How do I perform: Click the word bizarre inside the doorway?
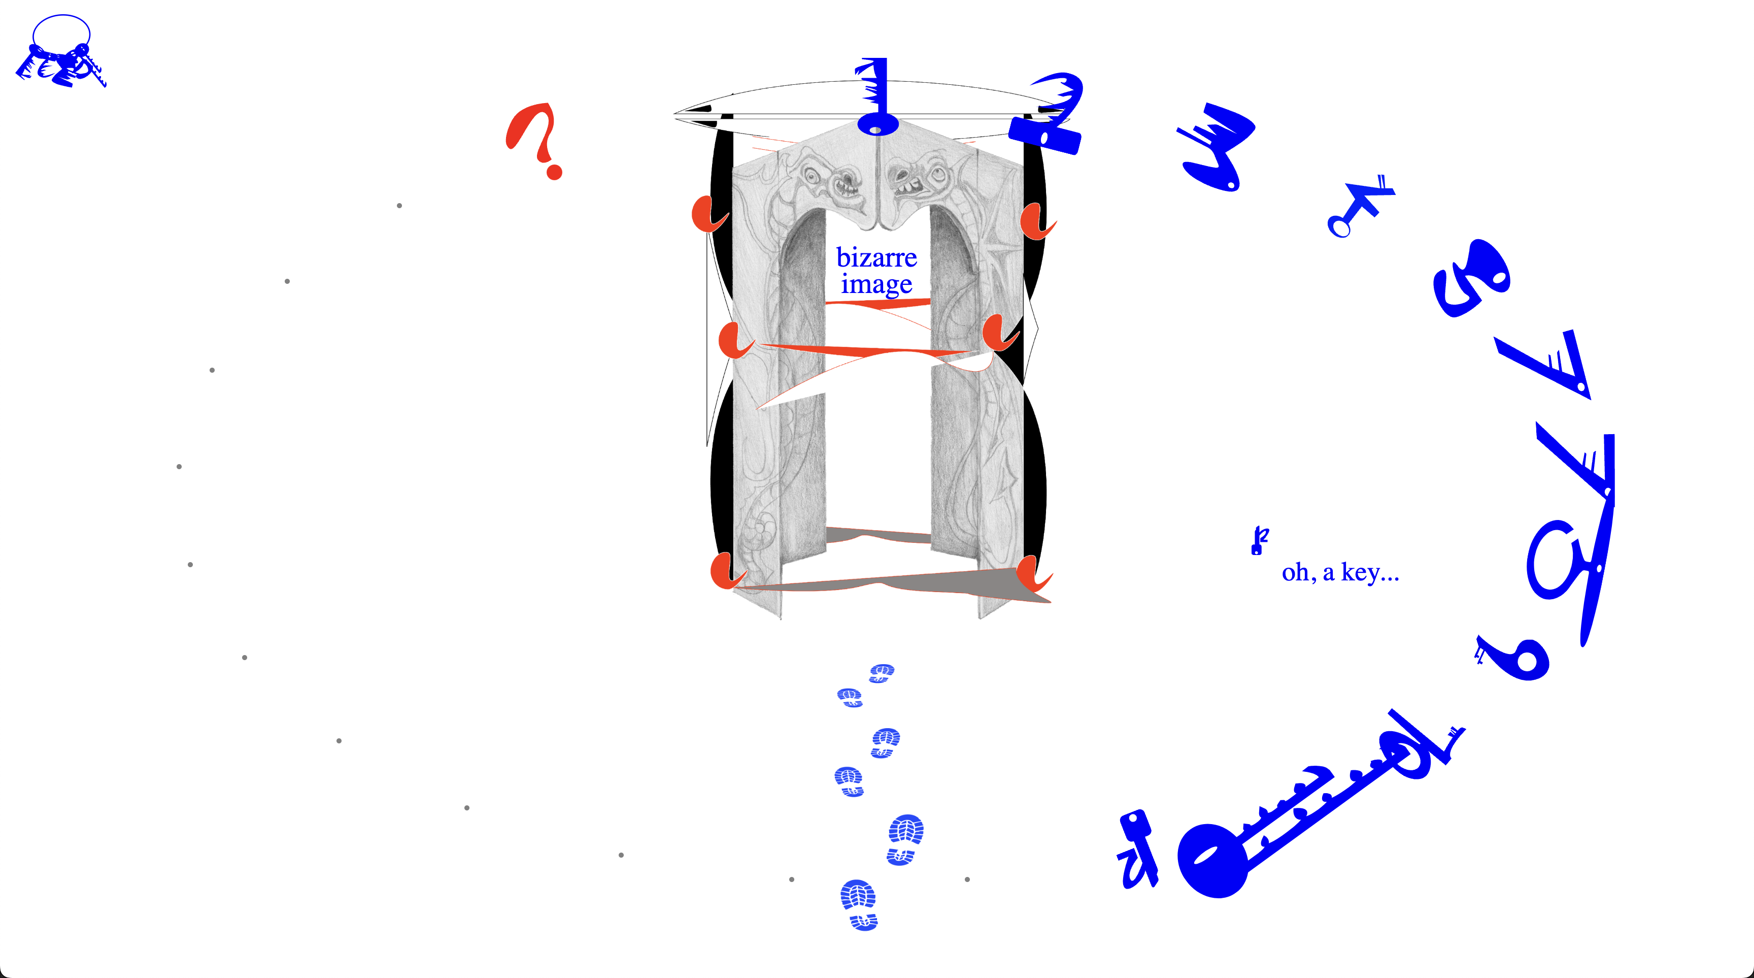[876, 257]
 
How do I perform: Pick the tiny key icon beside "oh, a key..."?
[1259, 540]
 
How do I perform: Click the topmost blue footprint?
[882, 673]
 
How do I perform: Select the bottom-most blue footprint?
[859, 904]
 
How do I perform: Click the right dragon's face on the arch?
[919, 177]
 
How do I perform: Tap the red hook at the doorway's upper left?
[708, 214]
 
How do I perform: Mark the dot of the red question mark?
[554, 172]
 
